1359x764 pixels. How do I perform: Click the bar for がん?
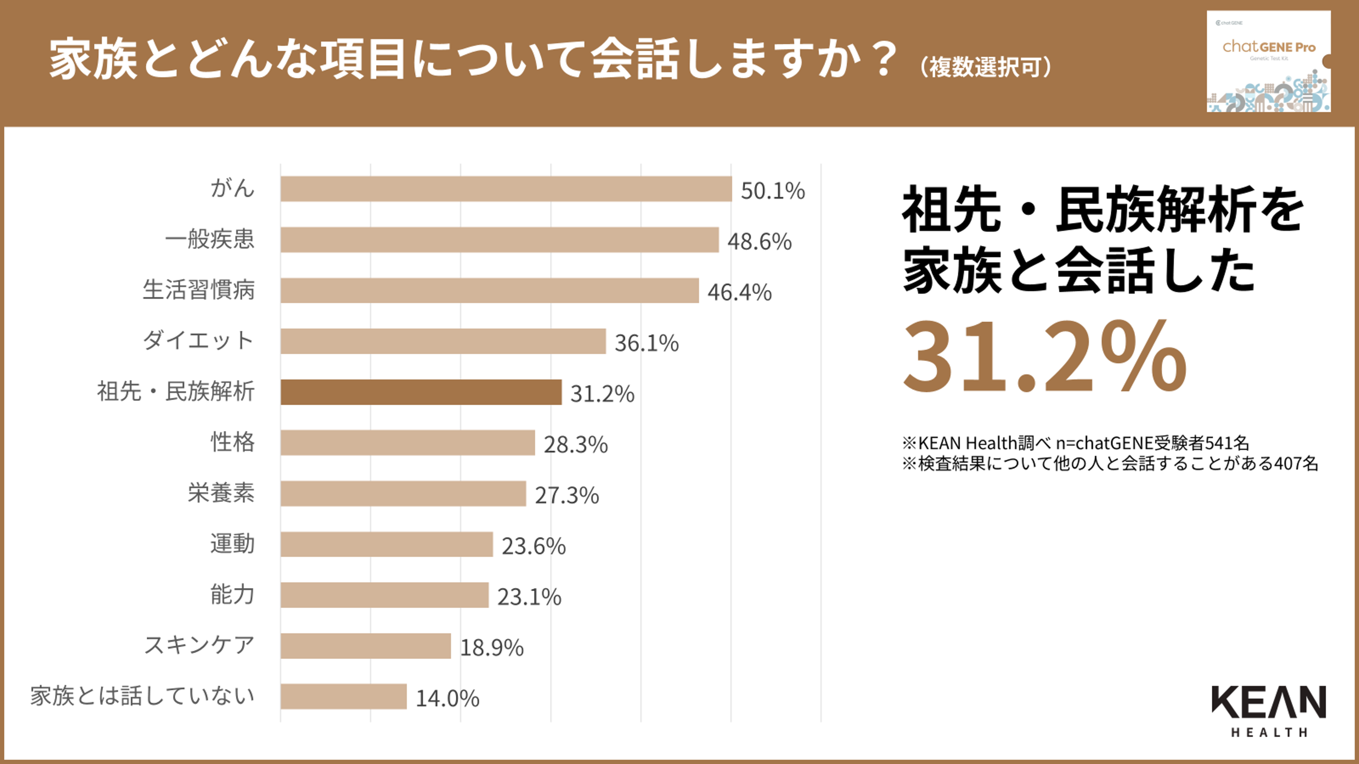coord(506,189)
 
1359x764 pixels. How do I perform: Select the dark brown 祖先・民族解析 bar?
coord(421,392)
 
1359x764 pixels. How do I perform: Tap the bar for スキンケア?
coord(366,646)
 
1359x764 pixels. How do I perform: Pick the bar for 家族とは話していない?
coord(344,697)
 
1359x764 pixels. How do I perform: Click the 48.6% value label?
coord(759,242)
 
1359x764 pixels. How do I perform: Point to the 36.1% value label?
coord(646,343)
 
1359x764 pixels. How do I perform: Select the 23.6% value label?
coord(533,546)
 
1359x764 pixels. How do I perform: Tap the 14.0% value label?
coord(447,699)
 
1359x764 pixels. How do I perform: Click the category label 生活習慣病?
coord(199,290)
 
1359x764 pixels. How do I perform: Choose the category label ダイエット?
coord(199,340)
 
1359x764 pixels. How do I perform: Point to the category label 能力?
coord(233,595)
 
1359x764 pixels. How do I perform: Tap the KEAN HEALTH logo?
coord(1268,710)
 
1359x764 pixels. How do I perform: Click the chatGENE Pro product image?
coord(1268,61)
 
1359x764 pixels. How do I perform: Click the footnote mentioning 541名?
coord(1075,443)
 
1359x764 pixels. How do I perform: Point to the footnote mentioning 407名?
coord(1110,463)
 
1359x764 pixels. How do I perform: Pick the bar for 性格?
coord(408,442)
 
